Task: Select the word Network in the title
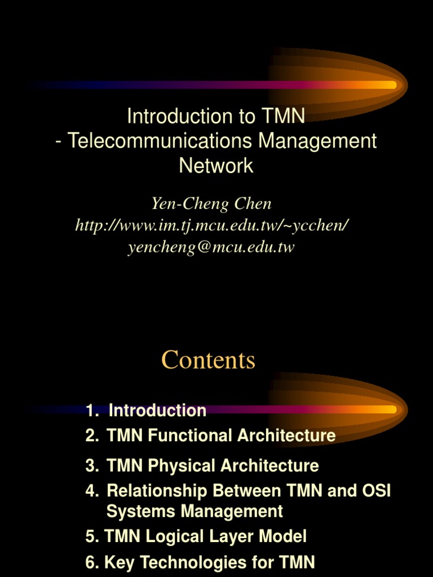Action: pyautogui.click(x=216, y=166)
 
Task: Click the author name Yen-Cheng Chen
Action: pyautogui.click(x=211, y=203)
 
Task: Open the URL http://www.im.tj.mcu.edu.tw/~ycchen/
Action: pyautogui.click(x=212, y=225)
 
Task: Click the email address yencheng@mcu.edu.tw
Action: pyautogui.click(x=211, y=247)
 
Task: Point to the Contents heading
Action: pyautogui.click(x=208, y=360)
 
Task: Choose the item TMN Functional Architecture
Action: pyautogui.click(x=220, y=435)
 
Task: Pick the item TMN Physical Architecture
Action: pyautogui.click(x=213, y=465)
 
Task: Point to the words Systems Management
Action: pyautogui.click(x=195, y=511)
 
